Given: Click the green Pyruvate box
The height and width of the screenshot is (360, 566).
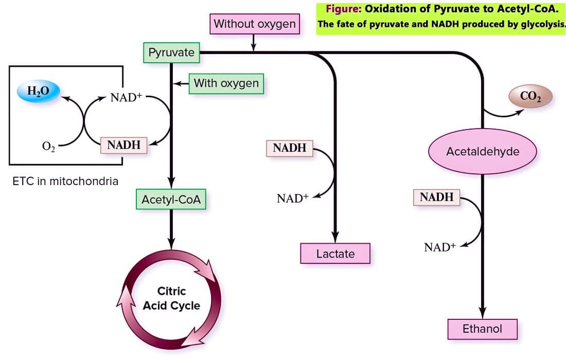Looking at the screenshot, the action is point(171,52).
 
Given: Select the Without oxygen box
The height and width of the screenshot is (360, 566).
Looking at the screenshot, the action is point(255,24).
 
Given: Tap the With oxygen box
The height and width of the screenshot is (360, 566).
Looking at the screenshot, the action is point(226,83).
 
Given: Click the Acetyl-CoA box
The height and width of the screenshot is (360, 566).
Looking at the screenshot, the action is point(171,199).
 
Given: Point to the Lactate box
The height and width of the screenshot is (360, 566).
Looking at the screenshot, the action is point(335,253).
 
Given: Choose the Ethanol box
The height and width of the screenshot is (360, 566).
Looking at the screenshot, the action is point(483,329).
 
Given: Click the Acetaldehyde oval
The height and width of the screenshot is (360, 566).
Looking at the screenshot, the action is point(483,152).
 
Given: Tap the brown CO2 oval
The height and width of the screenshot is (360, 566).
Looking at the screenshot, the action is point(530,96).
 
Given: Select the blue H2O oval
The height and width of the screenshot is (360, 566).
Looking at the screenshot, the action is point(38,91).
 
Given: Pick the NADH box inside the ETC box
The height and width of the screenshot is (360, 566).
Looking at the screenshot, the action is point(124,145).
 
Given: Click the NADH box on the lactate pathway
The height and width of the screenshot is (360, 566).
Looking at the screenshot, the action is point(290,148).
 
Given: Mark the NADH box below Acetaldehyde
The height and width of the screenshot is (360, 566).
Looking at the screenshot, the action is point(437,197).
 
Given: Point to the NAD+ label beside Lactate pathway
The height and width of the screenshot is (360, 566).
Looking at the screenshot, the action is point(293,198).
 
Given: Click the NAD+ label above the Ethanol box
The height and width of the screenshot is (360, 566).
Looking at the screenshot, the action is point(440,247).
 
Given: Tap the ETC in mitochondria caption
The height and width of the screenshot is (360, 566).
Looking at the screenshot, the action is point(65,181).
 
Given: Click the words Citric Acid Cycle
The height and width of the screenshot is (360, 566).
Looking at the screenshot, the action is point(171,298).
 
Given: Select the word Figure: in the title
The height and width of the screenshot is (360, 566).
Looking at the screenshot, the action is point(343,9).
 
